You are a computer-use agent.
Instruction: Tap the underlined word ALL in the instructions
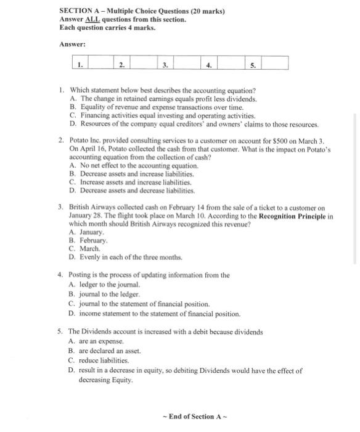[x=93, y=20]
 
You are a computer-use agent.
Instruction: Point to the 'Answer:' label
[x=72, y=44]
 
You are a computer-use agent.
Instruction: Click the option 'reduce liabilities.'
[x=105, y=360]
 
